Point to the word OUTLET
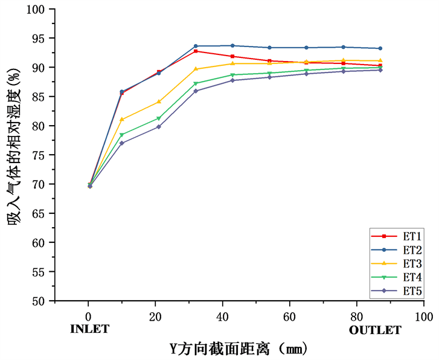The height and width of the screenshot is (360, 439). click(375, 330)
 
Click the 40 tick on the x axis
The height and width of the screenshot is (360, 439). click(222, 317)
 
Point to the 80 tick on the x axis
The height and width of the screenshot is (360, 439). click(356, 317)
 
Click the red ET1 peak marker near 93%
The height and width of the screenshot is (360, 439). click(196, 51)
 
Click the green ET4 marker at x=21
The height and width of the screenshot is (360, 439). click(159, 118)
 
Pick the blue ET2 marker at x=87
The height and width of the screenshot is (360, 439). click(380, 48)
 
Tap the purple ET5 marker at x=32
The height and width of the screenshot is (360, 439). click(196, 91)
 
